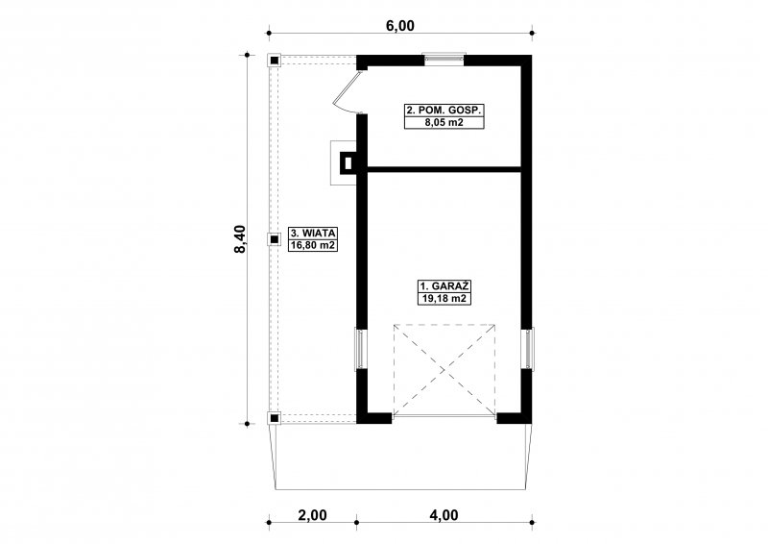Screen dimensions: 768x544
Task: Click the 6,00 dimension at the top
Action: [400, 26]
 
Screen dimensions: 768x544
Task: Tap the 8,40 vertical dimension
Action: [240, 239]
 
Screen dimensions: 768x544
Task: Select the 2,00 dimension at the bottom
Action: [312, 515]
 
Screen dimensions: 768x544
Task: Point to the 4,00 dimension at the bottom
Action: [444, 515]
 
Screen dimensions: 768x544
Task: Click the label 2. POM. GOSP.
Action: [444, 111]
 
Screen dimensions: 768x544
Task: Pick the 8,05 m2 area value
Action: [444, 123]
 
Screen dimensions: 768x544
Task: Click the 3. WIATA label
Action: [313, 233]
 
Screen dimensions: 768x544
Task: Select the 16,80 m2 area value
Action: [313, 245]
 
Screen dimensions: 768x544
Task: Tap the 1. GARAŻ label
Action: [444, 286]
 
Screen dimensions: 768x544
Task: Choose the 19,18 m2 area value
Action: [444, 298]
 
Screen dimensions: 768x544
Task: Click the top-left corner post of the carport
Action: [275, 61]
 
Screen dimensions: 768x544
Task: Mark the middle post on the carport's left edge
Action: [275, 239]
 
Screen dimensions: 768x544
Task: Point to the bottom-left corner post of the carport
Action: [275, 418]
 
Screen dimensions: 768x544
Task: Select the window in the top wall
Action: [444, 58]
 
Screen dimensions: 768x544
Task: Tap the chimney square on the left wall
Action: [348, 162]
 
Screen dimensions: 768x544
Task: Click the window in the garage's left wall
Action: [360, 349]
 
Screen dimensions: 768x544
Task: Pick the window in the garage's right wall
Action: [528, 349]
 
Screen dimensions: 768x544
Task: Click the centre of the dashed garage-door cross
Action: [444, 370]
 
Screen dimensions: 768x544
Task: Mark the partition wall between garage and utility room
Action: [444, 169]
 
